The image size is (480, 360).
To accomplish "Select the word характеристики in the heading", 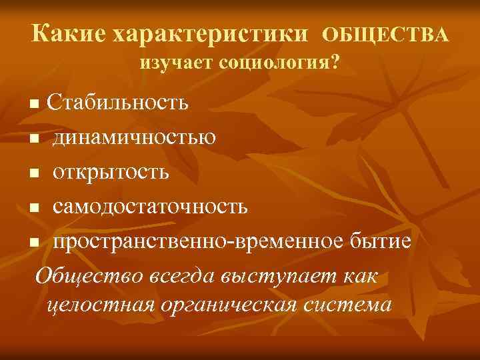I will (211, 33).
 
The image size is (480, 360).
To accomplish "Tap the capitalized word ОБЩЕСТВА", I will (387, 34).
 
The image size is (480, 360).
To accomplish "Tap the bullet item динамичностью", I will (134, 138).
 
